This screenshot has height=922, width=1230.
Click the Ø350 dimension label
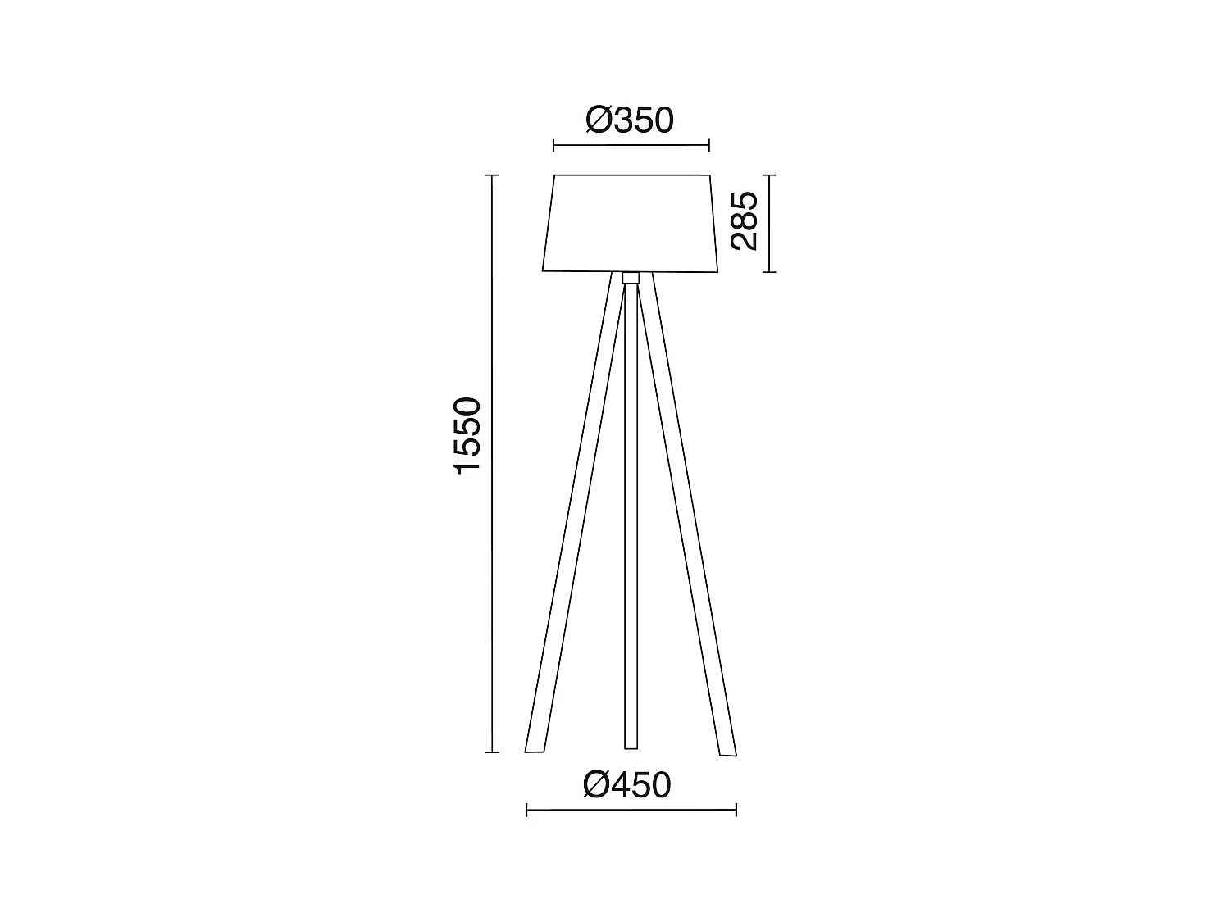click(630, 121)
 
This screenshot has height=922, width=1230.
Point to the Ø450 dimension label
click(627, 786)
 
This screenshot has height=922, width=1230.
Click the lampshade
click(631, 223)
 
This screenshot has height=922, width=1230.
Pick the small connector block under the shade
click(631, 277)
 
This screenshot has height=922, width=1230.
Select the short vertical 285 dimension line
click(768, 223)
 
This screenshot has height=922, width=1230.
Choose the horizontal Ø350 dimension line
click(631, 147)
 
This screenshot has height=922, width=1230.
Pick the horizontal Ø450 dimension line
click(631, 811)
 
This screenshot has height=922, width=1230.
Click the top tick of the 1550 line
click(492, 175)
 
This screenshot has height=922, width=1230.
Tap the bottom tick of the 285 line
click(768, 270)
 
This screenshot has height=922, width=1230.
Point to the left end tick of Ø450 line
click(526, 811)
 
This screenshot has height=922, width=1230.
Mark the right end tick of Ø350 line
click(708, 147)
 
